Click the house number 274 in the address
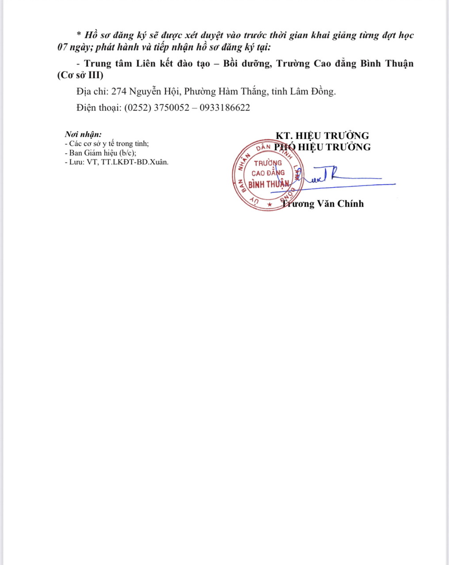pos(119,92)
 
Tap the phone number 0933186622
pos(224,108)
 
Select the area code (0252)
pos(137,108)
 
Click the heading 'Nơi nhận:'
pos(83,134)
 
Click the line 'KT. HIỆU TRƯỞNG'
pos(322,136)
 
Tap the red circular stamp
pos(267,175)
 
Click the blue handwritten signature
pos(336,179)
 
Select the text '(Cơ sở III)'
pos(80,75)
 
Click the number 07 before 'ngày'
pos(62,47)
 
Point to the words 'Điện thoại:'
pos(99,108)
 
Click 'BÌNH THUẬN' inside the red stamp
pos(268,184)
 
